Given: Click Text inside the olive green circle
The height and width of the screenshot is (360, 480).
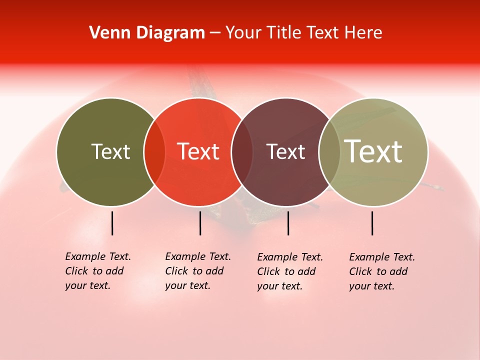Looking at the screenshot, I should point(110,151).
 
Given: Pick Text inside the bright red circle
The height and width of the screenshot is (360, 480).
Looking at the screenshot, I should point(198,151).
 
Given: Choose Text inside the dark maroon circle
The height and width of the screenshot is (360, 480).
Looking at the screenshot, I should point(286,151).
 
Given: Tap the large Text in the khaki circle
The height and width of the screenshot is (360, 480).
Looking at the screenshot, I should point(373,151).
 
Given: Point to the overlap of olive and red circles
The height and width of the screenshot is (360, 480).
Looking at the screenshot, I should point(154,152).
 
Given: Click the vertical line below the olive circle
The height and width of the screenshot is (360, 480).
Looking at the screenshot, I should point(112,223).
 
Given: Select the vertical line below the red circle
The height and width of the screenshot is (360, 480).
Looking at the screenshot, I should point(200,223).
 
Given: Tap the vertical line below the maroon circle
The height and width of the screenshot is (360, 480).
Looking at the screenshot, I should point(288,223).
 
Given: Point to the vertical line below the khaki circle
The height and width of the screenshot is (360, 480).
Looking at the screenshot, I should point(372,223).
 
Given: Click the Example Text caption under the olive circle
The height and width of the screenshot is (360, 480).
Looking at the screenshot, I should point(98,271).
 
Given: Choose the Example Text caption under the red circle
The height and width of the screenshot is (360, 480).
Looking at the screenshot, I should point(198,271).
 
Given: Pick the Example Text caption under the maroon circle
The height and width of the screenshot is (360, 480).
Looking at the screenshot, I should point(290,271).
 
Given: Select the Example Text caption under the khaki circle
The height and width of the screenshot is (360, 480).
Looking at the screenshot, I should point(382,271).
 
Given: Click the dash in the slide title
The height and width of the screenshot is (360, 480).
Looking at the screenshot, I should point(215,33).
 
